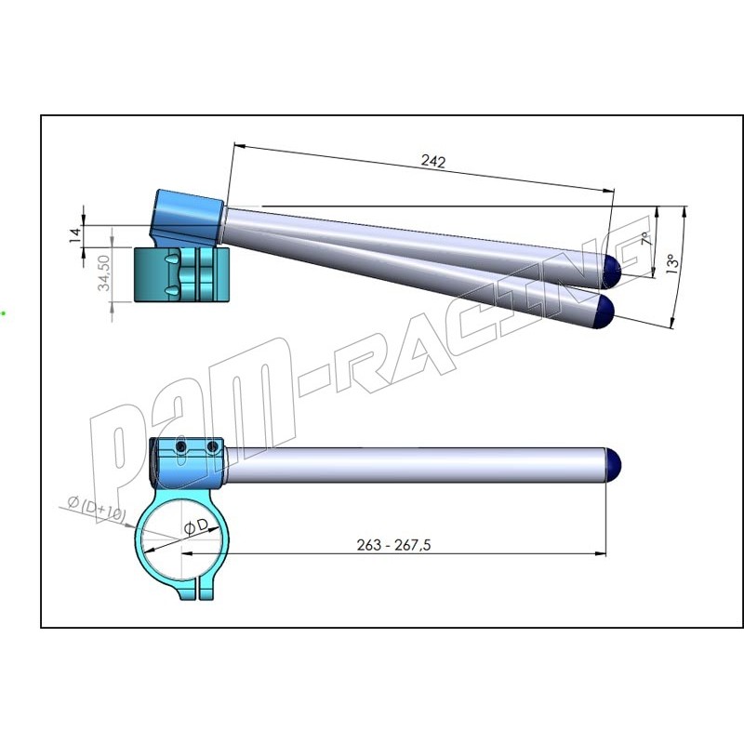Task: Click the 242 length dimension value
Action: pyautogui.click(x=433, y=162)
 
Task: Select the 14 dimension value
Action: pyautogui.click(x=75, y=235)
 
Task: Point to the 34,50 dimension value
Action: pyautogui.click(x=104, y=272)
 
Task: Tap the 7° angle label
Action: pyautogui.click(x=645, y=238)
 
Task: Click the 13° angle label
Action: pyautogui.click(x=671, y=263)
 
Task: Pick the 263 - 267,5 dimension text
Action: pyautogui.click(x=393, y=545)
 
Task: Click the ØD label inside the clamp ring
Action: pyautogui.click(x=196, y=526)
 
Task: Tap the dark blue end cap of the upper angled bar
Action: pyautogui.click(x=612, y=271)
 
